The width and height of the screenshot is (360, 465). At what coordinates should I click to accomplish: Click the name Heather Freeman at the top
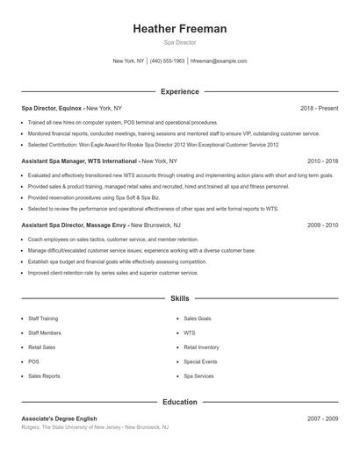(180, 29)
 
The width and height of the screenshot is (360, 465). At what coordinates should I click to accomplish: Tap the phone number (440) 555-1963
(167, 61)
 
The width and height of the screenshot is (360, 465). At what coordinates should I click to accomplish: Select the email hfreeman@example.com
(219, 61)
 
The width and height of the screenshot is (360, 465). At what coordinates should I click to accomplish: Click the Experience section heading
(180, 91)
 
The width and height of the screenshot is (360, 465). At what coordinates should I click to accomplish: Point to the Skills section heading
(180, 299)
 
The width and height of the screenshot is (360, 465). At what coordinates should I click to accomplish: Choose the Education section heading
(180, 403)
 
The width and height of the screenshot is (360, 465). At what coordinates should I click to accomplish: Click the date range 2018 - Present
(319, 108)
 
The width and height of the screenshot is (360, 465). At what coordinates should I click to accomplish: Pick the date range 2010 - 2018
(322, 161)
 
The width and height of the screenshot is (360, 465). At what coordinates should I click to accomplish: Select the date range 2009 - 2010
(322, 225)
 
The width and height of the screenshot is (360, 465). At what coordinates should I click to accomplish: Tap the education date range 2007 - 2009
(322, 419)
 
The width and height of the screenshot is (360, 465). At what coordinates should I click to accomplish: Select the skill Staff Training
(45, 319)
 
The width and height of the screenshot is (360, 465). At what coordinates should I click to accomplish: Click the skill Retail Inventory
(201, 347)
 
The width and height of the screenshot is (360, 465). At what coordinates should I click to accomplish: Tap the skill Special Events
(200, 361)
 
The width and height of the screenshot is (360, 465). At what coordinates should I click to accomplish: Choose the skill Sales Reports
(44, 376)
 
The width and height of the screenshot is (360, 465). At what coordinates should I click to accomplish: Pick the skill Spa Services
(198, 376)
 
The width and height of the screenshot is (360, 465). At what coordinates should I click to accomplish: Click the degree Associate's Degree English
(59, 419)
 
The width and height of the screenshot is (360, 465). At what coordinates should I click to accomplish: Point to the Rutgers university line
(94, 427)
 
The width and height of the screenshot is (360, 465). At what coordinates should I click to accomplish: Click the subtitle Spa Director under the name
(180, 42)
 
